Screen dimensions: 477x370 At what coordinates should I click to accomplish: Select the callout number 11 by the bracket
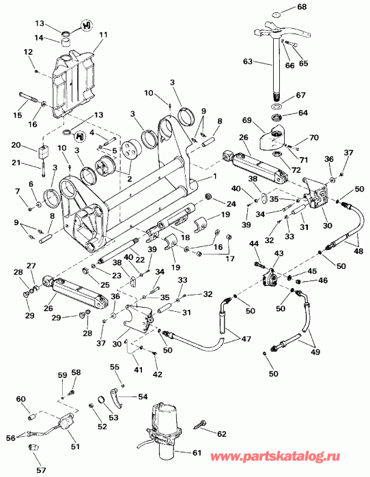[x=104, y=33]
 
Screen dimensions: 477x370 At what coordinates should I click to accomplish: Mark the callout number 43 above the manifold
[x=278, y=253]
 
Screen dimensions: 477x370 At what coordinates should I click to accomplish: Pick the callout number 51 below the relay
[x=74, y=447]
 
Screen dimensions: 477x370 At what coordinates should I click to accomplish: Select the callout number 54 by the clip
[x=142, y=396]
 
